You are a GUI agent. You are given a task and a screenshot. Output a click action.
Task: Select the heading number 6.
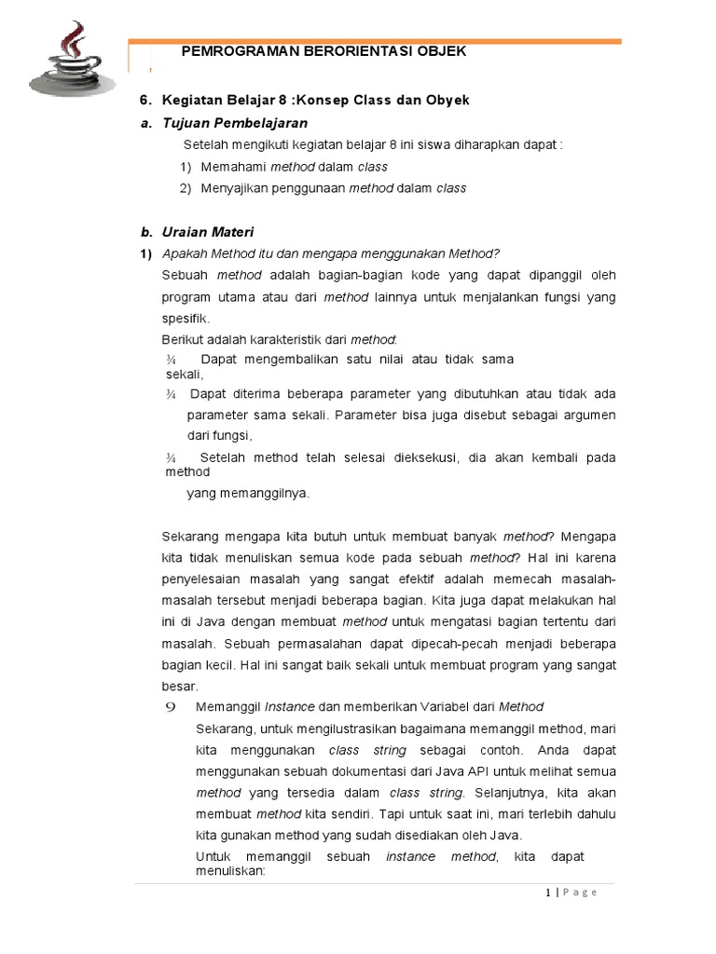click(x=145, y=100)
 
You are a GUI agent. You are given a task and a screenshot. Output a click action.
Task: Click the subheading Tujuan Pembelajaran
click(x=235, y=123)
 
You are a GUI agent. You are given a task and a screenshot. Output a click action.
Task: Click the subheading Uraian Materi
click(x=209, y=232)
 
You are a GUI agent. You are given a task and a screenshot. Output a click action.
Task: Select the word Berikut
click(x=183, y=339)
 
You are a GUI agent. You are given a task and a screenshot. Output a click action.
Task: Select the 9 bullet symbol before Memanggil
click(x=171, y=707)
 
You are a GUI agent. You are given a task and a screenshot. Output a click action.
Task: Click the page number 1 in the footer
click(x=548, y=893)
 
